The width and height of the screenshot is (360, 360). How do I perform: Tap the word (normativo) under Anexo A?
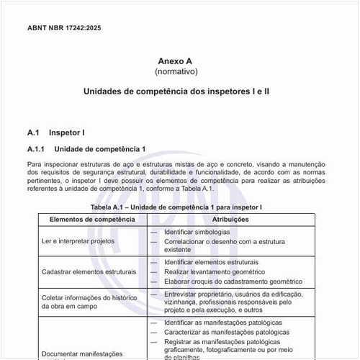click(x=176, y=72)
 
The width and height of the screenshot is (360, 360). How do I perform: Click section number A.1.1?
click(x=36, y=149)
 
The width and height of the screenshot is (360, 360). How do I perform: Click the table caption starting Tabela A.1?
click(x=176, y=207)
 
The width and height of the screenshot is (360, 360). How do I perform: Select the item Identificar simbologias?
click(x=197, y=232)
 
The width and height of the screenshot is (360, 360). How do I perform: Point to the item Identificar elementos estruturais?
click(x=211, y=263)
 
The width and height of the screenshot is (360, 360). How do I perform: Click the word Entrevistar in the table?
click(x=181, y=294)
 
